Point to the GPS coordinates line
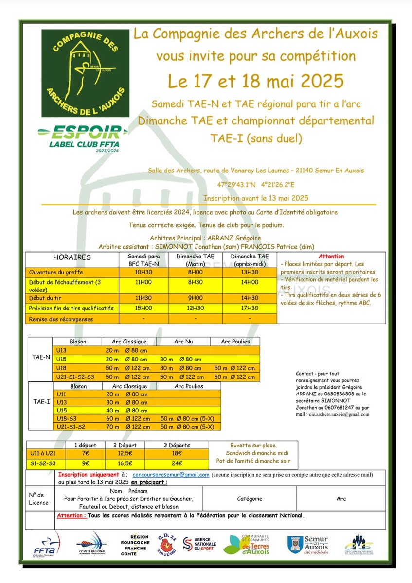tap(256, 185)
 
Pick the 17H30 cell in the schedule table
tap(250, 308)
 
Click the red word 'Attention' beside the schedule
tap(331, 256)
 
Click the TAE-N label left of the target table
tap(41, 357)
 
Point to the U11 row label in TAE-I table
tap(61, 394)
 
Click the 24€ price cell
tap(177, 463)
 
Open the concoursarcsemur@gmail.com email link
tap(171, 475)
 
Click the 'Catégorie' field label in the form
tap(250, 498)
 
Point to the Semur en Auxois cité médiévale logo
tap(307, 544)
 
